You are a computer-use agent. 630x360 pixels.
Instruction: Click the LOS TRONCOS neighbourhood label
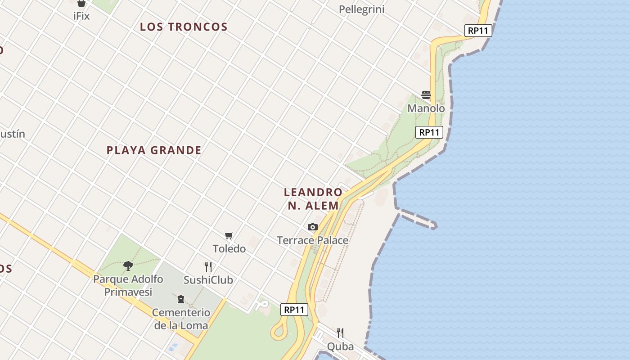[184, 27]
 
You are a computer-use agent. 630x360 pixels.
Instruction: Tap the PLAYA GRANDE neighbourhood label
[154, 150]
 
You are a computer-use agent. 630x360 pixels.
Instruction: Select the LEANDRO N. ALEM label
[313, 199]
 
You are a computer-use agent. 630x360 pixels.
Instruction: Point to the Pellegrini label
[361, 9]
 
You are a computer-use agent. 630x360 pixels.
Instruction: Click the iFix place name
[81, 16]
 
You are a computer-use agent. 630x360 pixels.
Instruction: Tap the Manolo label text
[426, 108]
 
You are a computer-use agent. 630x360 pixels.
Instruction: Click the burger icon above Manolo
[426, 95]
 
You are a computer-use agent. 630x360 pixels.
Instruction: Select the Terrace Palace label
[313, 240]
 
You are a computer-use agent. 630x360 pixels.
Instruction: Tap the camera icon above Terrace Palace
[313, 227]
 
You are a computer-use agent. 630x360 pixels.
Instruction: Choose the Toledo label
[229, 248]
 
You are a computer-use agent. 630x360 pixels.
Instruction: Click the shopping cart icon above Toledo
[229, 235]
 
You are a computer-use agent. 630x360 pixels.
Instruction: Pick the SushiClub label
[208, 280]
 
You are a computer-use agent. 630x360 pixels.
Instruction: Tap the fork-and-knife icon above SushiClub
[208, 267]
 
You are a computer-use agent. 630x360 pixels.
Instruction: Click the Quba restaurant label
[340, 346]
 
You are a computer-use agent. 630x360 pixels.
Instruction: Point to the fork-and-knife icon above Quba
[340, 333]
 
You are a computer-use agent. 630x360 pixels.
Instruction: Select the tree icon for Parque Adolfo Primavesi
[128, 265]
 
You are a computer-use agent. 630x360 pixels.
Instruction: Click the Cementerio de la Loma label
[181, 319]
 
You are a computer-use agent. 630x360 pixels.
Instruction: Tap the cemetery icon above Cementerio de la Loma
[181, 299]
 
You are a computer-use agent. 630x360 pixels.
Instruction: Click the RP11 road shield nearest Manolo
[429, 132]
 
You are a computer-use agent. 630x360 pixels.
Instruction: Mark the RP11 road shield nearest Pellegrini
[478, 31]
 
